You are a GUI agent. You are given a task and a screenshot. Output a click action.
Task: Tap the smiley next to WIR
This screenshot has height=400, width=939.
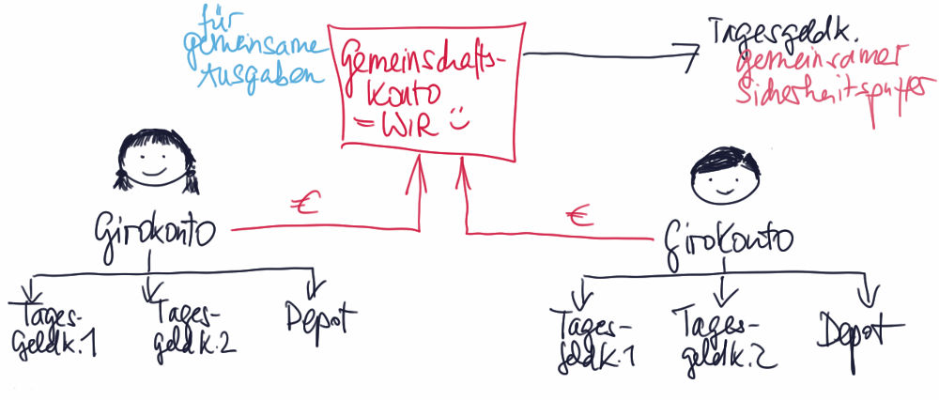coord(457,121)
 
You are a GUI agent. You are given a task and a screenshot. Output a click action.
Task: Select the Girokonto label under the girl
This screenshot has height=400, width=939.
coord(157,228)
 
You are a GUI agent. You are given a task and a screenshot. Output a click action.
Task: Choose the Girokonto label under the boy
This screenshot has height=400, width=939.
coord(728,238)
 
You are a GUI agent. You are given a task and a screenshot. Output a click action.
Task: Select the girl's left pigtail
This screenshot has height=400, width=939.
coord(120,175)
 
